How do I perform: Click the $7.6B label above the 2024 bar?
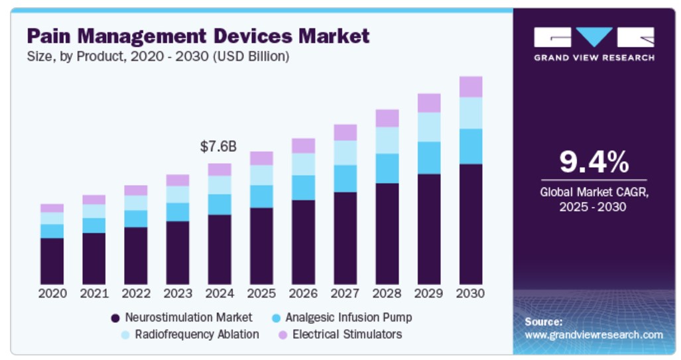point(219,147)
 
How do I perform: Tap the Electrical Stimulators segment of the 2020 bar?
point(52,208)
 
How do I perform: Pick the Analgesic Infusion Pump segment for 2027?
point(345,178)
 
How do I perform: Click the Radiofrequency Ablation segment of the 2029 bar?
point(428,127)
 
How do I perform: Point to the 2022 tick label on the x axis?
point(136,293)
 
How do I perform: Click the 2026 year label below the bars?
point(303,293)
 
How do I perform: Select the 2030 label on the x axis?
point(470,293)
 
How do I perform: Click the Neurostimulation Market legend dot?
point(115,318)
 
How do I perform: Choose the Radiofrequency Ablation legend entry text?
point(197,334)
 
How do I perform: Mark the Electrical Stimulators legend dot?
point(282,335)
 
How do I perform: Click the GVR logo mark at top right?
point(593,38)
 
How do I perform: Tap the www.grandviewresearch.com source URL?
point(593,335)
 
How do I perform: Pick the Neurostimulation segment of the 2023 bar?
point(178,253)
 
